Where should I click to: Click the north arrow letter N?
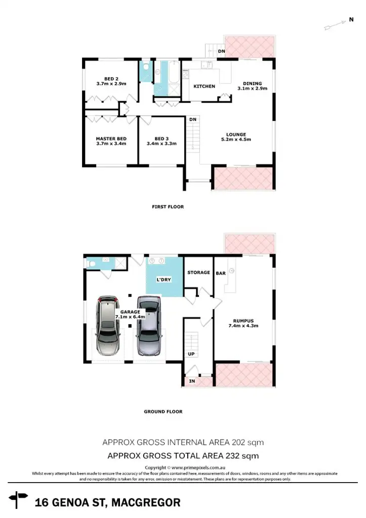[351, 20]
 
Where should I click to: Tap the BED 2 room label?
[111, 78]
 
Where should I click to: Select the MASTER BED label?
[111, 138]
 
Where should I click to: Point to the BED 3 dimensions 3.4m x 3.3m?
[161, 144]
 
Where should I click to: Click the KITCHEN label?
[205, 87]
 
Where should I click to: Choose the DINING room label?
[252, 83]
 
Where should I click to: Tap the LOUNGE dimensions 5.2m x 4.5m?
[236, 140]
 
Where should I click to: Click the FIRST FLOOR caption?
[168, 206]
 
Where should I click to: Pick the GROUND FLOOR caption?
[163, 412]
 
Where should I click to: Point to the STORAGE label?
[198, 273]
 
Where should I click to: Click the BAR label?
[221, 273]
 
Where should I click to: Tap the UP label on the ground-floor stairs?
[191, 354]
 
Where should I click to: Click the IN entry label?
[192, 380]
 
